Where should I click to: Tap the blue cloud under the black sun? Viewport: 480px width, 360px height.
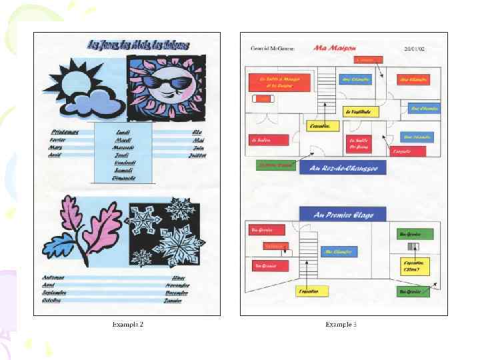(x=100, y=103)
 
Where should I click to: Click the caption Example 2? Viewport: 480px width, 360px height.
(x=127, y=325)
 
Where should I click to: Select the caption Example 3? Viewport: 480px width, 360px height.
(x=341, y=325)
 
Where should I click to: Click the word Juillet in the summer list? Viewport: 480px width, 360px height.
(x=197, y=155)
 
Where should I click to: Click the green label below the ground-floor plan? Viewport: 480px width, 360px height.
(x=275, y=165)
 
